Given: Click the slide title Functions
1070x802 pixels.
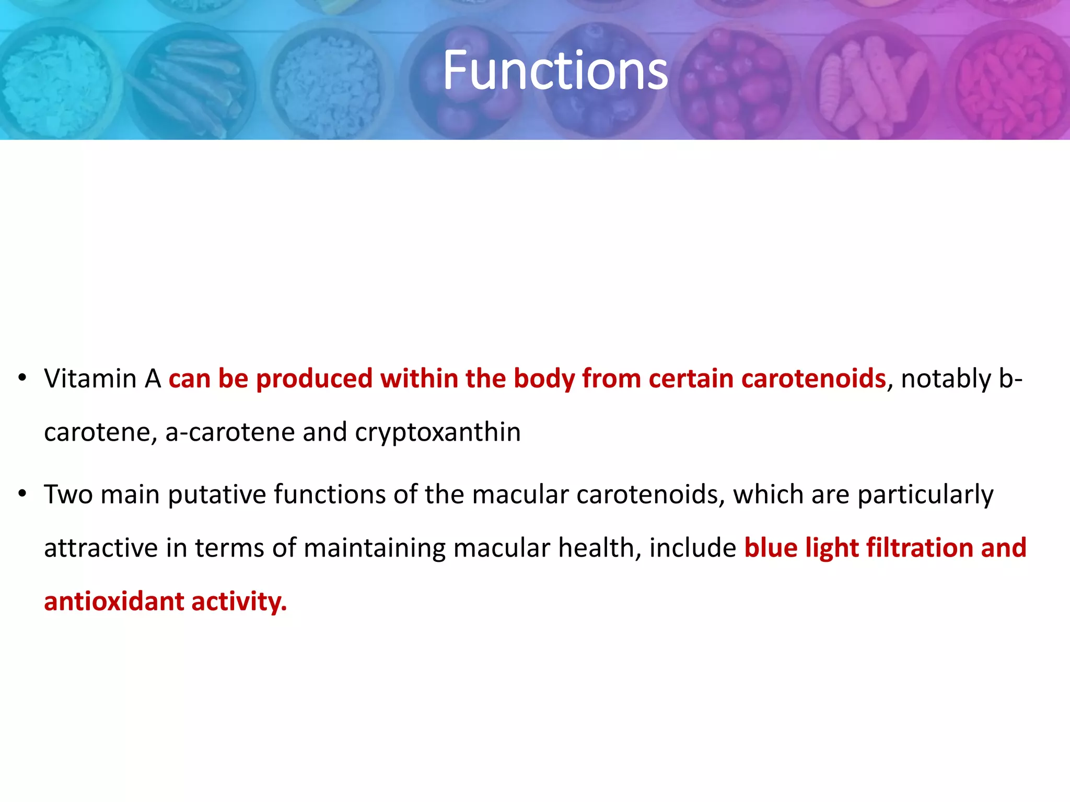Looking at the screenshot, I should [555, 70].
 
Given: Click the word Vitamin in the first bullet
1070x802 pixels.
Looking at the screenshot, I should [90, 379].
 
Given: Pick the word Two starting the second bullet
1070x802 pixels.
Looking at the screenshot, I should [68, 494].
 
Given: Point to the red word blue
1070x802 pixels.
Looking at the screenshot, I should [770, 548].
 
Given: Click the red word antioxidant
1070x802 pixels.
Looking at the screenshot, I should [113, 601].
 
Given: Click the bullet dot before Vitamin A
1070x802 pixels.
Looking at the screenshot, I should [22, 378].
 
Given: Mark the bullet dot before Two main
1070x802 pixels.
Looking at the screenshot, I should [22, 494].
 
